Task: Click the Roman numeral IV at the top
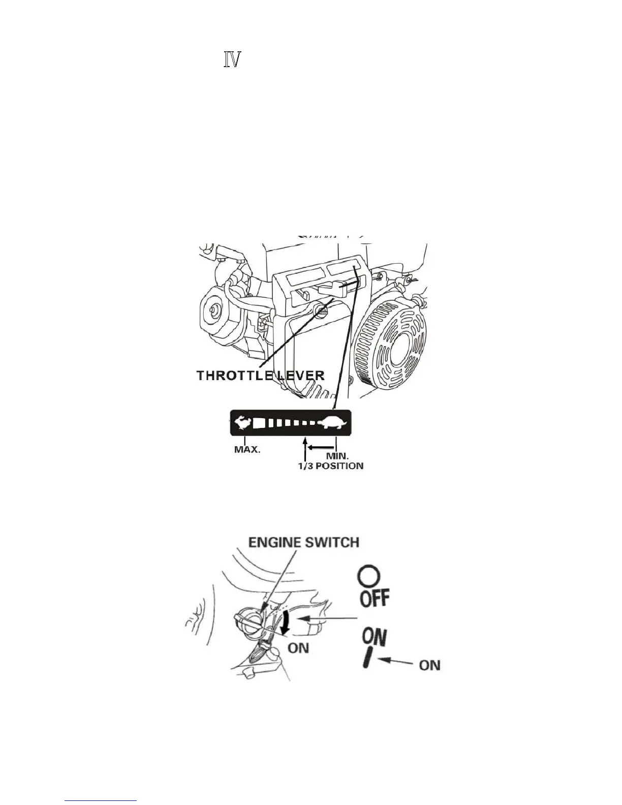point(231,60)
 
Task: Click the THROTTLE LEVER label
point(260,376)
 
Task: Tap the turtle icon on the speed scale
point(333,422)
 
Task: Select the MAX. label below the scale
point(247,450)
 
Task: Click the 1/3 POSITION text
point(330,466)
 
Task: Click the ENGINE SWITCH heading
point(303,542)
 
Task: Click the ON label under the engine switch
point(298,648)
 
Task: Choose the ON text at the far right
point(429,665)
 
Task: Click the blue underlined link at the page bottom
point(101,801)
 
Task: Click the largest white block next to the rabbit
point(260,422)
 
